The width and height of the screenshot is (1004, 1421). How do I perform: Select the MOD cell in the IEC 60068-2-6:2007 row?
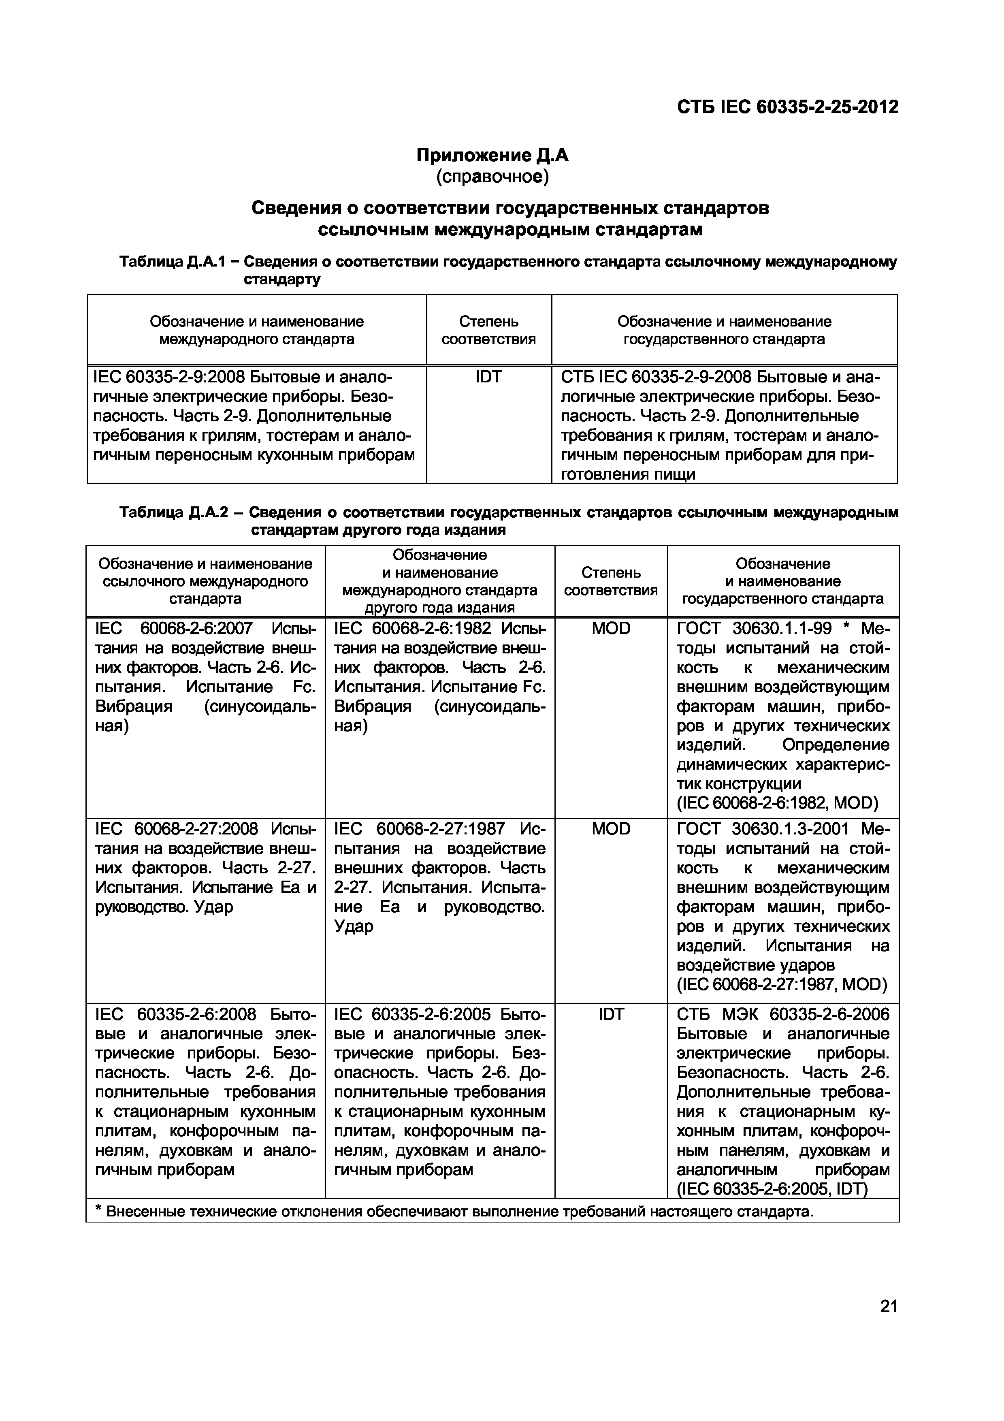[611, 628]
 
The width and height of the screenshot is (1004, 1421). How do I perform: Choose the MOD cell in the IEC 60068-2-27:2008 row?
[611, 829]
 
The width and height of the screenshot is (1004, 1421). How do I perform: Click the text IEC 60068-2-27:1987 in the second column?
[419, 829]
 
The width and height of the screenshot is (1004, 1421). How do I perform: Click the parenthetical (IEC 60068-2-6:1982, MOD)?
[777, 803]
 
